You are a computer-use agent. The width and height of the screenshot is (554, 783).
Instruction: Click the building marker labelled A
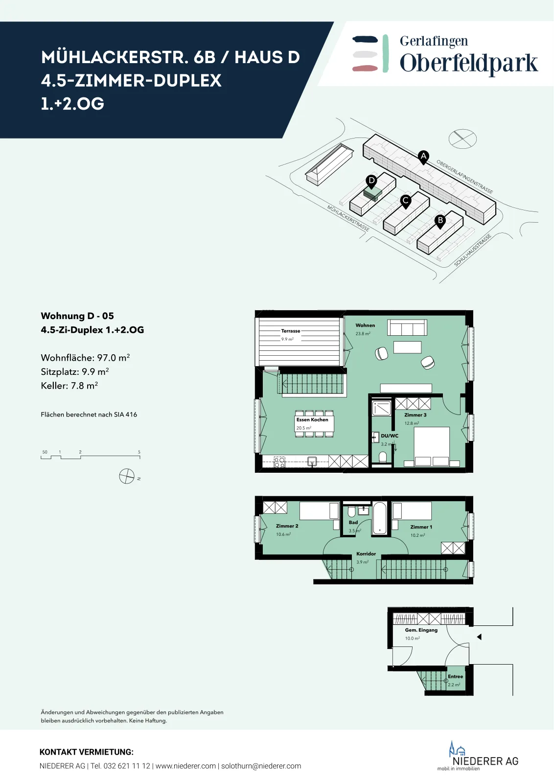click(x=423, y=157)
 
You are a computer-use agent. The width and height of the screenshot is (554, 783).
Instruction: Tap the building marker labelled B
click(x=440, y=221)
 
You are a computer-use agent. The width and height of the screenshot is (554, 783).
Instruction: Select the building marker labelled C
click(x=405, y=201)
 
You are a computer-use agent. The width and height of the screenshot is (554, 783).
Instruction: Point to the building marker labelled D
click(x=371, y=182)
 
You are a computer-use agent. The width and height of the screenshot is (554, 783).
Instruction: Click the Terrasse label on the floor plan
click(x=290, y=331)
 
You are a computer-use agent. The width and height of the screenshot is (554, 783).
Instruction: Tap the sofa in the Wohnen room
click(x=407, y=327)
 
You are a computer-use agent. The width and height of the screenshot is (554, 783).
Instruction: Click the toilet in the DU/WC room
click(x=383, y=457)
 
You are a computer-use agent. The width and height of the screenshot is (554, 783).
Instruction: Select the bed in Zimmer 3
click(x=432, y=446)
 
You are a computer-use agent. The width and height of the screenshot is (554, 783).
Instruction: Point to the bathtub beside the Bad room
click(x=380, y=518)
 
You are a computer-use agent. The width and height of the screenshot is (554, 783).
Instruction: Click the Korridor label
click(x=366, y=553)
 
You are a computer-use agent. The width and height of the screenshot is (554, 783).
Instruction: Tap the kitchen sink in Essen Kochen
click(x=312, y=461)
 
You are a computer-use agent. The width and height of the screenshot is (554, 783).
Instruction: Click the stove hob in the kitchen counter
click(x=279, y=462)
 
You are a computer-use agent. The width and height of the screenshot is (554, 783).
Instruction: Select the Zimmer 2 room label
click(x=287, y=526)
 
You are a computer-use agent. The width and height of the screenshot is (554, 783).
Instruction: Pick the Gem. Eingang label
click(x=421, y=630)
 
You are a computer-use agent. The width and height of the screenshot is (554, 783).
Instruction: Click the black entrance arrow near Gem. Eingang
click(x=479, y=637)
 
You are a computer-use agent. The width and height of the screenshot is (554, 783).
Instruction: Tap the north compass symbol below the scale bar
click(x=127, y=476)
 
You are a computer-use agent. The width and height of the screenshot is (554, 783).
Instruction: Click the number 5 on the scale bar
click(x=139, y=452)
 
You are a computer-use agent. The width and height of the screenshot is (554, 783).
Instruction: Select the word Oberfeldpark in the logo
click(x=469, y=63)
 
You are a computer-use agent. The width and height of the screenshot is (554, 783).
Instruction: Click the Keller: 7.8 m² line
click(x=69, y=386)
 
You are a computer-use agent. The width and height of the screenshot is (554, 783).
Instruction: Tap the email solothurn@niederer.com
click(x=261, y=766)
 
